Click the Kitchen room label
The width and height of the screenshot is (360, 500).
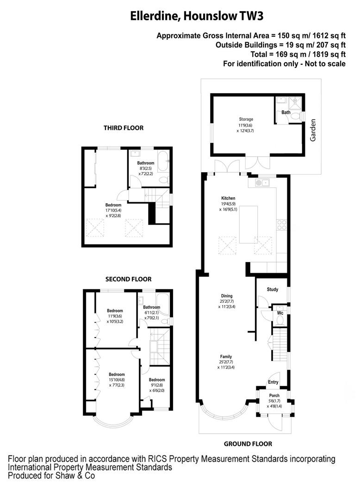click(x=228, y=198)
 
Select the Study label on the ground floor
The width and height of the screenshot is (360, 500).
click(x=273, y=290)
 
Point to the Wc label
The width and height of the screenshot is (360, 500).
click(x=280, y=312)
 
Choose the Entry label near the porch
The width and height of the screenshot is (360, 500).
click(x=273, y=382)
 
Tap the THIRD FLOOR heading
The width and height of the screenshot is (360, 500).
click(x=124, y=128)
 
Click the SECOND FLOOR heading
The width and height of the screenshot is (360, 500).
click(x=128, y=279)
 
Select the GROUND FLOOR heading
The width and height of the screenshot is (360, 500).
click(x=248, y=444)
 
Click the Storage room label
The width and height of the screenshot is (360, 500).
click(x=246, y=119)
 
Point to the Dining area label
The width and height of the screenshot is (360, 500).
click(x=226, y=296)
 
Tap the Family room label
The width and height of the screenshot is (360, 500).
click(x=226, y=356)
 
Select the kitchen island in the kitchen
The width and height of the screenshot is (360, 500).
click(x=249, y=225)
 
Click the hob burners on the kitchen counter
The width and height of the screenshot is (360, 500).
click(x=281, y=225)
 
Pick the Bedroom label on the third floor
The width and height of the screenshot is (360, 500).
click(x=113, y=205)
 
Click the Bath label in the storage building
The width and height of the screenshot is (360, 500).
click(x=286, y=112)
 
